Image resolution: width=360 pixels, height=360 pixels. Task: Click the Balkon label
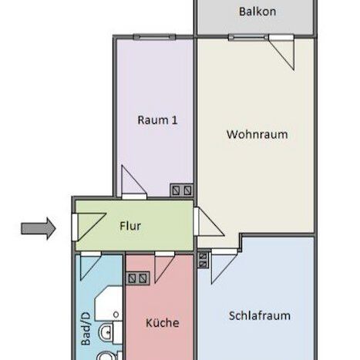pyautogui.click(x=257, y=12)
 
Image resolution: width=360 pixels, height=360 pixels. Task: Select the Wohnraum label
pyautogui.click(x=257, y=134)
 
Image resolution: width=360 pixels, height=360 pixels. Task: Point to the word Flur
pyautogui.click(x=130, y=227)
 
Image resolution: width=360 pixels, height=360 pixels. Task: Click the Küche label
pyautogui.click(x=162, y=322)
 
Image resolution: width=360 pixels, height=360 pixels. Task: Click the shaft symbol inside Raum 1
pyautogui.click(x=182, y=189)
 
